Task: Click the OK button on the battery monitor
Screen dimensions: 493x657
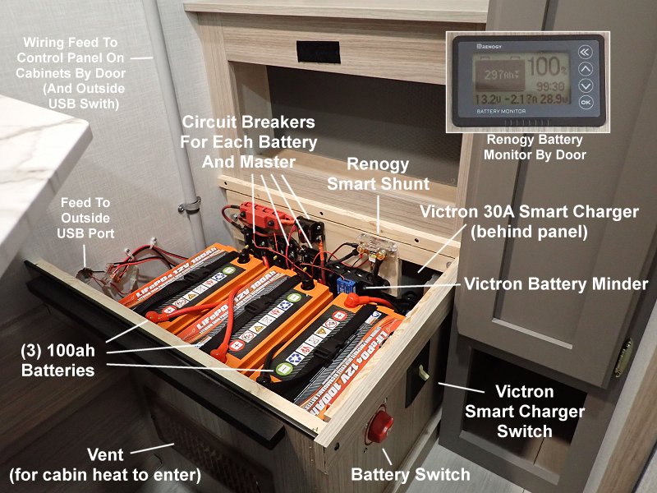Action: click(585, 103)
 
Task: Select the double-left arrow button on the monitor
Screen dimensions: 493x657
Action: click(585, 51)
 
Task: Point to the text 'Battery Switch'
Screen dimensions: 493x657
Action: click(410, 474)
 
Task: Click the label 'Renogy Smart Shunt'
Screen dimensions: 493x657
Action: click(365, 174)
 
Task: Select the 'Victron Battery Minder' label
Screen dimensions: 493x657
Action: click(556, 284)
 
